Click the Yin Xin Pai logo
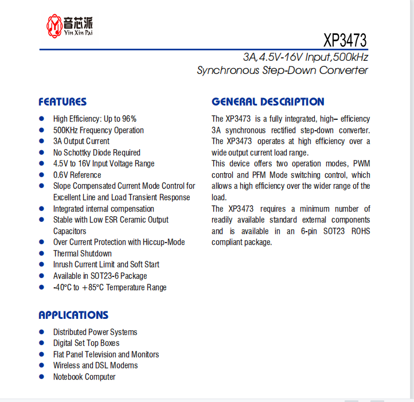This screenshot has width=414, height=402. [x=69, y=25]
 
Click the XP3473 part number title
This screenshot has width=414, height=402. [x=345, y=41]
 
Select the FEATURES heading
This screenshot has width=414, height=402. [x=63, y=102]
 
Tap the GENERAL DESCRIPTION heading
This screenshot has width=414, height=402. [x=268, y=102]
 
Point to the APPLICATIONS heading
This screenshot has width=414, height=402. [x=73, y=315]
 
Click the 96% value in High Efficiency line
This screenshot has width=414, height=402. [x=129, y=119]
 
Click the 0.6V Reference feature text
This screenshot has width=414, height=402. [x=77, y=175]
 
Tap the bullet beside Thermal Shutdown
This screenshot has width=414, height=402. [x=41, y=253]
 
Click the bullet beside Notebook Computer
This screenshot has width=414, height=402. [x=41, y=376]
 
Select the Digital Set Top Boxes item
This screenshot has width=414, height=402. [x=86, y=343]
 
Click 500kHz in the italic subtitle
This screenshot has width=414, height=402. [x=350, y=57]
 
